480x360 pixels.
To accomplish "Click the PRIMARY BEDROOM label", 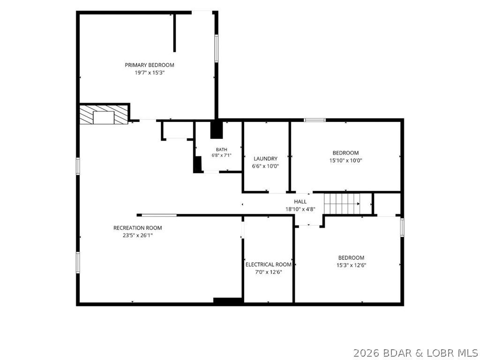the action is click(x=150, y=65).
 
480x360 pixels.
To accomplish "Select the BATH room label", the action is click(x=221, y=150).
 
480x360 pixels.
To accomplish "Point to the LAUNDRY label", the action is click(x=265, y=158).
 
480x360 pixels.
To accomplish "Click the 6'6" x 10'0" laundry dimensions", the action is click(x=265, y=166).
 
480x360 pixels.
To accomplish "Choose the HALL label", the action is click(x=300, y=202).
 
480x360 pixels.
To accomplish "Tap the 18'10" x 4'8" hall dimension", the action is click(x=300, y=209).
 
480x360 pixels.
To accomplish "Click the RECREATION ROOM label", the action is click(x=137, y=228).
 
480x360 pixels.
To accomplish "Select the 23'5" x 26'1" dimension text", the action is click(x=137, y=235).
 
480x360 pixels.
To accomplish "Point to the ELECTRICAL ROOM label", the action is click(x=269, y=264).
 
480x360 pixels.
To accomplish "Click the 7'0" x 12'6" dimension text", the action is click(x=269, y=272).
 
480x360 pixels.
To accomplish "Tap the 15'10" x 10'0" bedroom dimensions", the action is click(x=345, y=160).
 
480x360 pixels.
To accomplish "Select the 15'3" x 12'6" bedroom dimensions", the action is click(x=351, y=265).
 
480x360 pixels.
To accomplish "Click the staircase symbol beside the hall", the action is click(x=348, y=204).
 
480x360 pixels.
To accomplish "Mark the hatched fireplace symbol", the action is click(x=104, y=115).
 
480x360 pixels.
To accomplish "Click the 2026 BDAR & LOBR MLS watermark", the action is click(x=415, y=353).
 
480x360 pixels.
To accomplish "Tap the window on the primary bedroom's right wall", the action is click(x=216, y=48).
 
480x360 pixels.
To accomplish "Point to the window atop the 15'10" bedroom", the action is click(x=315, y=120).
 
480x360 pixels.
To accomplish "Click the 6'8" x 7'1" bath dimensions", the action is click(x=221, y=155).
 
